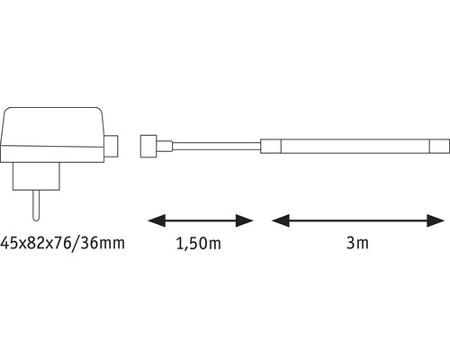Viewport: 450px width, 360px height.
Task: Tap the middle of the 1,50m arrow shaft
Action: coord(200,220)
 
